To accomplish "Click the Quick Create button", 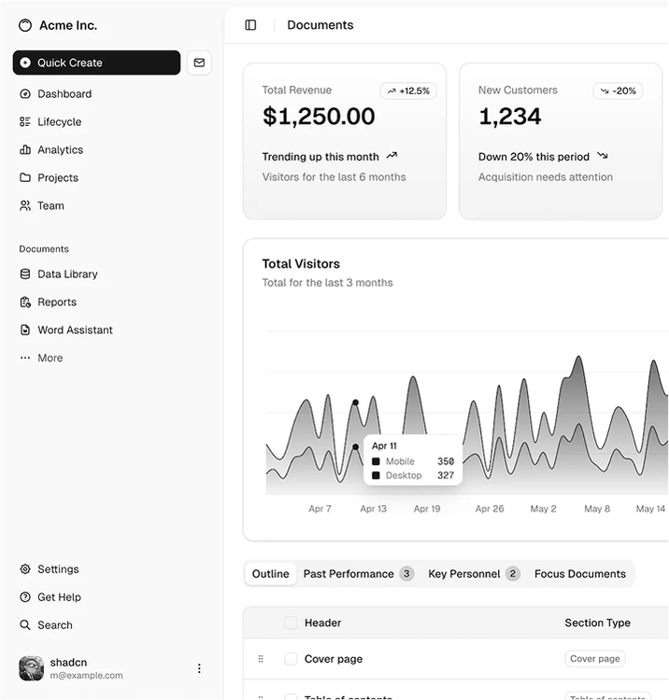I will pyautogui.click(x=96, y=63).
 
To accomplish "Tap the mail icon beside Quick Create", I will pyautogui.click(x=199, y=63).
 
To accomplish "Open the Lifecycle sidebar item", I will pyautogui.click(x=59, y=122).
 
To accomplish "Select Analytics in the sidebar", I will pyautogui.click(x=60, y=150).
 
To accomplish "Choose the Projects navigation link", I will pyautogui.click(x=57, y=178).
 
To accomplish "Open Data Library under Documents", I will pyautogui.click(x=67, y=274).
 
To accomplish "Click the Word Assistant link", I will pyautogui.click(x=75, y=330).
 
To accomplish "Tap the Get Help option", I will pyautogui.click(x=59, y=597).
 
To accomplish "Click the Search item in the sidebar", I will pyautogui.click(x=54, y=625).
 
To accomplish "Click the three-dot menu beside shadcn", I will pyautogui.click(x=199, y=668).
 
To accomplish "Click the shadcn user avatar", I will pyautogui.click(x=31, y=668).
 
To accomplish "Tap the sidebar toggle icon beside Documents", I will pyautogui.click(x=250, y=25).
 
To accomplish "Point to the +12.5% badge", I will pyautogui.click(x=408, y=91).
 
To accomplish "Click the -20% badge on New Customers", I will pyautogui.click(x=618, y=91).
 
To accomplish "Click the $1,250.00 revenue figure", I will pyautogui.click(x=319, y=117).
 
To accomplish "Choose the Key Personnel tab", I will pyautogui.click(x=473, y=574).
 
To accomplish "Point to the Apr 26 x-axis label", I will pyautogui.click(x=490, y=509).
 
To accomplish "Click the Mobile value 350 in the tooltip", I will pyautogui.click(x=446, y=461).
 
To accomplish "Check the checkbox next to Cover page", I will pyautogui.click(x=291, y=659).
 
